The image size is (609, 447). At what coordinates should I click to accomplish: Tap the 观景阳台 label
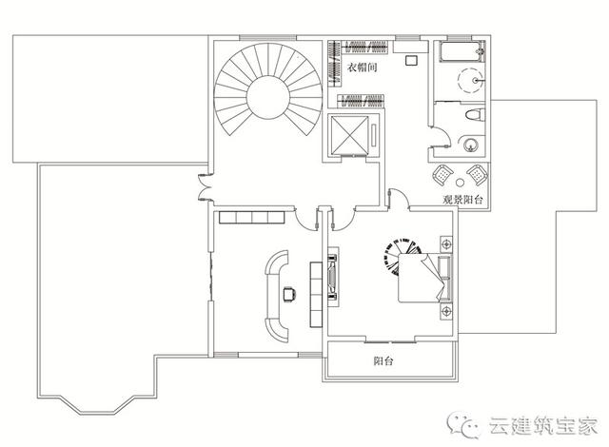[x=463, y=201]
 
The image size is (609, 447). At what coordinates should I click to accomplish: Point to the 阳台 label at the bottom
[x=384, y=361]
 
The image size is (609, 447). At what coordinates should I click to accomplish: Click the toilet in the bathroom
[x=471, y=116]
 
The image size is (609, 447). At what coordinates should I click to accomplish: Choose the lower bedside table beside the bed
[x=443, y=311]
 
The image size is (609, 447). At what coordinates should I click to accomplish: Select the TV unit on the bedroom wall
[x=332, y=277]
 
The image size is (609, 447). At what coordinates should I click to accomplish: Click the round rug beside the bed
[x=399, y=258]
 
